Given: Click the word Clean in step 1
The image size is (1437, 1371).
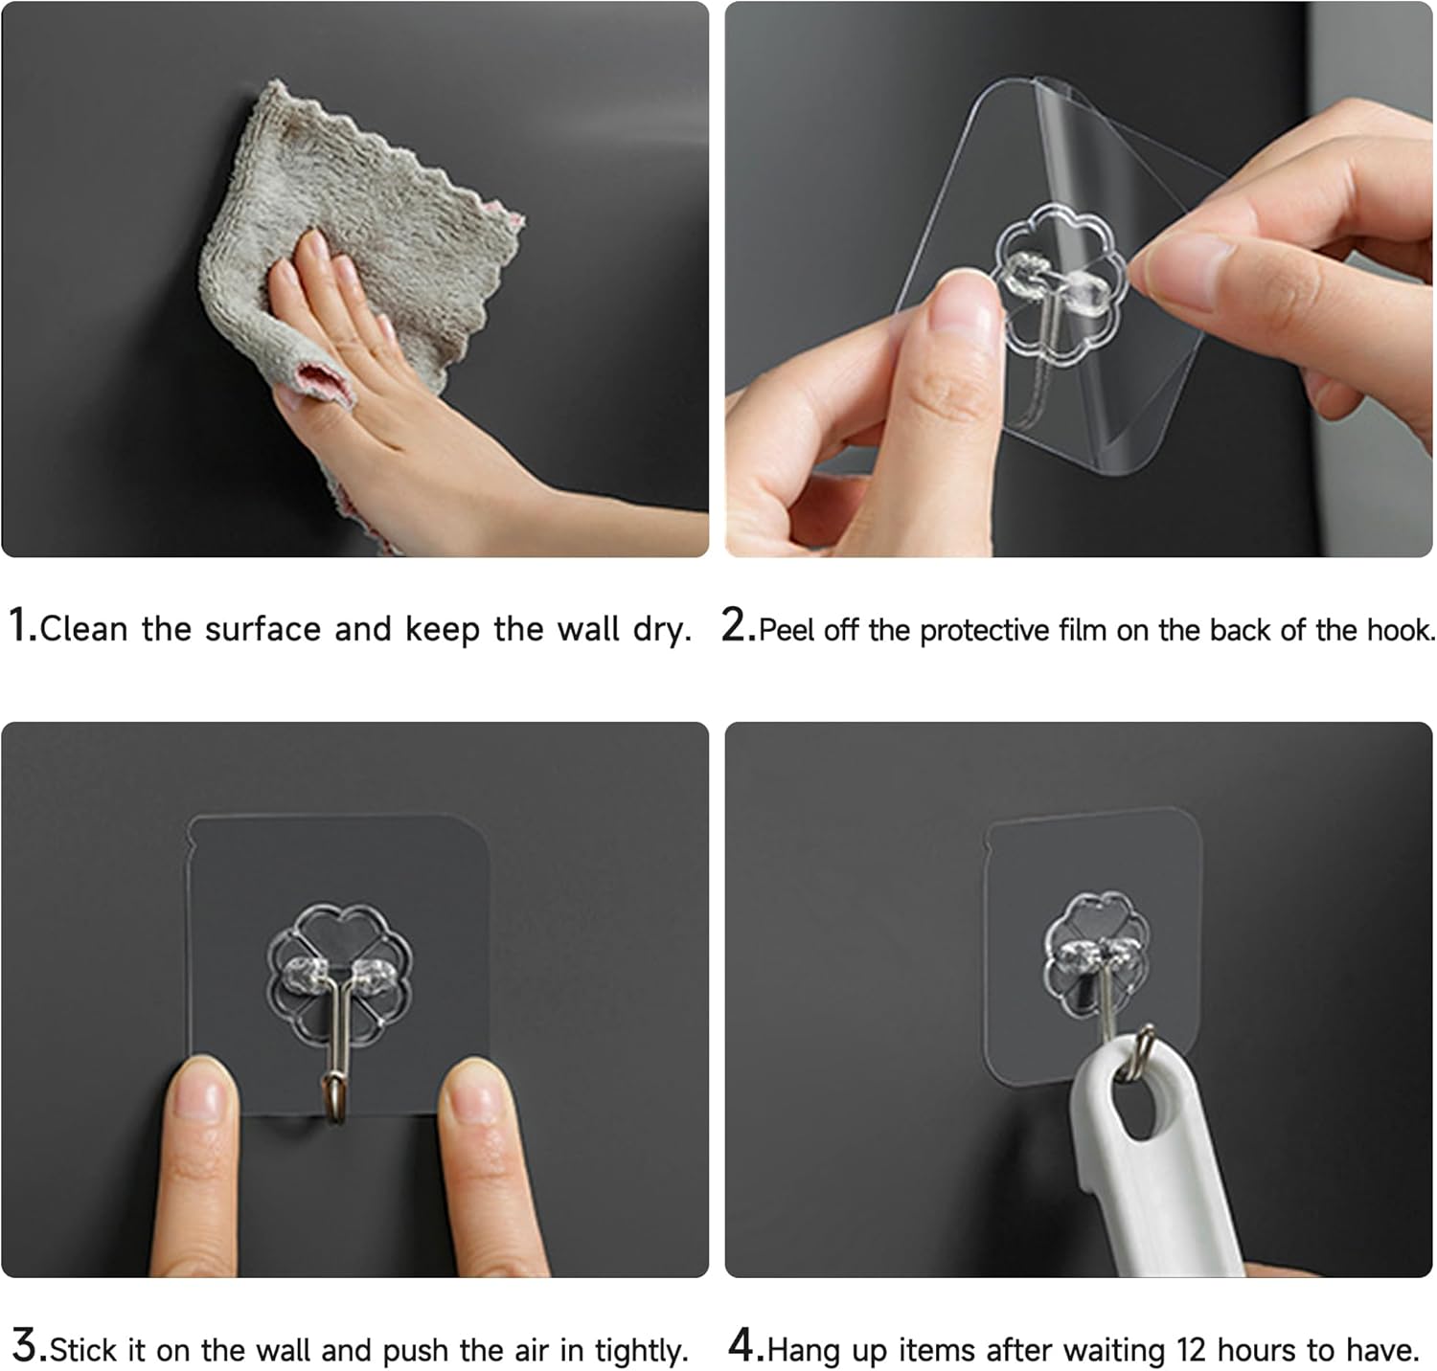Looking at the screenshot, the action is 84,629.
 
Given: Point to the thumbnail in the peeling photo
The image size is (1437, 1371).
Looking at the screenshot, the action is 964,303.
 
